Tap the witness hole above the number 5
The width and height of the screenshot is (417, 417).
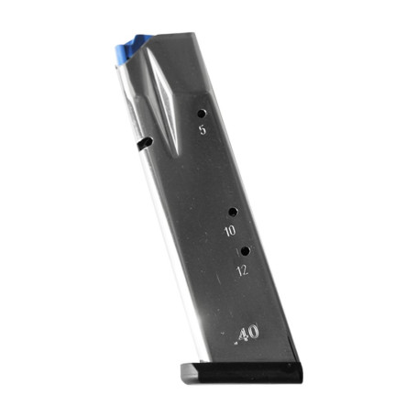point(201,114)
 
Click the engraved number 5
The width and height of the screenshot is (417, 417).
point(202,131)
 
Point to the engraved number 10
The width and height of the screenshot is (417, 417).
point(231,232)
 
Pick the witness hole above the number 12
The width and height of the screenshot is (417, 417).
point(245,249)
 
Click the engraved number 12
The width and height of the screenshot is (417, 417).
point(243,270)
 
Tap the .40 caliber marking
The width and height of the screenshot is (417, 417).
point(245,331)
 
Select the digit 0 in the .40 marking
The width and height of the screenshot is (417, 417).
point(253,330)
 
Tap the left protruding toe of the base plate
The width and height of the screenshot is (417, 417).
point(183,369)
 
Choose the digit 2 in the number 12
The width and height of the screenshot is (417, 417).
point(246,270)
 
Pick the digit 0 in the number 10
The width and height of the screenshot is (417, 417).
point(234,232)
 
